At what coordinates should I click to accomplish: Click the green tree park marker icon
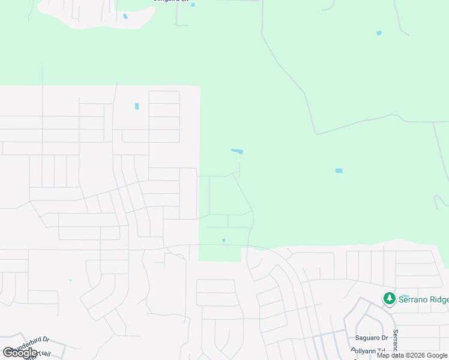[390, 298]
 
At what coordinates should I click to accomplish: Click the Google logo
[20, 353]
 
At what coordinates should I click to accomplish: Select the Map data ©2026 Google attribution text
[412, 355]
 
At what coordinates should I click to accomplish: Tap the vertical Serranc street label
[396, 340]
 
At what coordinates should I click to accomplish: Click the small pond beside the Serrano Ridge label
[405, 296]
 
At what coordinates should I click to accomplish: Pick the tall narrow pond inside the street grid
[137, 106]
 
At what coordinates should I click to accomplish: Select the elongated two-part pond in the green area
[237, 151]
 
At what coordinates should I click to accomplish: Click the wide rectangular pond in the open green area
[339, 171]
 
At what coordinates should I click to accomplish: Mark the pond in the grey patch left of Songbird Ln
[125, 16]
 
